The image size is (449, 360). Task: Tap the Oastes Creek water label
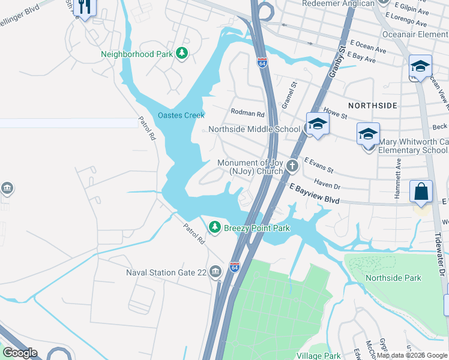(x=181, y=115)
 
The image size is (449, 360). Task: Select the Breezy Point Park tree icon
(x=214, y=227)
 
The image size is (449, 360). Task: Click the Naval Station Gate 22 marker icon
(x=215, y=272)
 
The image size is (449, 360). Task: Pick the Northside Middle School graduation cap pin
(x=316, y=124)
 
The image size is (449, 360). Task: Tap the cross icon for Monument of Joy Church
(x=292, y=166)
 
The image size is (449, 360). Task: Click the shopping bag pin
(x=421, y=192)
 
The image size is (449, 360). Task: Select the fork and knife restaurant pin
(x=85, y=7)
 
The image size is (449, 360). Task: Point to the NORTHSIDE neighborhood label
(x=372, y=106)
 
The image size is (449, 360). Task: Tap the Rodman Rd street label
(x=247, y=113)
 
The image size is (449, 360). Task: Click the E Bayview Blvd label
(x=315, y=197)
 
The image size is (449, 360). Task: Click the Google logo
(x=20, y=353)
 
